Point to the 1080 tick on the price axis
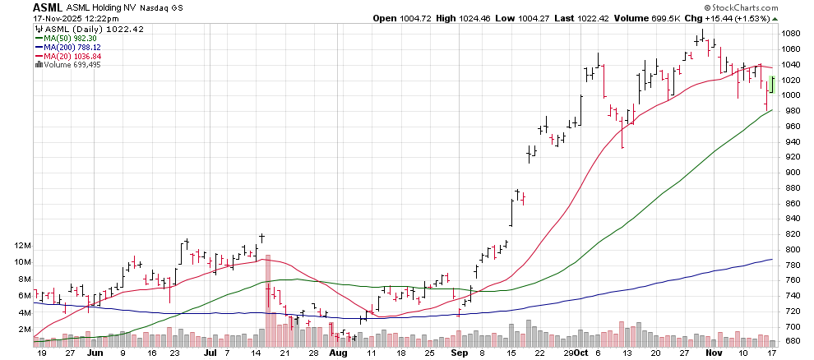(x=789, y=34)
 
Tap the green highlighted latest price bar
(x=773, y=85)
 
